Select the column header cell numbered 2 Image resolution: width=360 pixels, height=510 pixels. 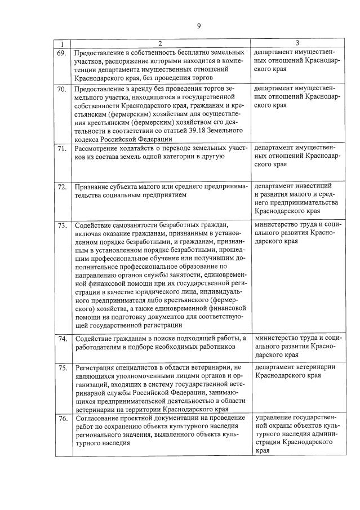(159, 43)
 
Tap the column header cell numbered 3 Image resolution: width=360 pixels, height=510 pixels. (297, 43)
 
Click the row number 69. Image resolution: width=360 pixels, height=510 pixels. (62, 52)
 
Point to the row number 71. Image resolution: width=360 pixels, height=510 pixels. (62, 148)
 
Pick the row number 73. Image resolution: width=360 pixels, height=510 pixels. (62, 227)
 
